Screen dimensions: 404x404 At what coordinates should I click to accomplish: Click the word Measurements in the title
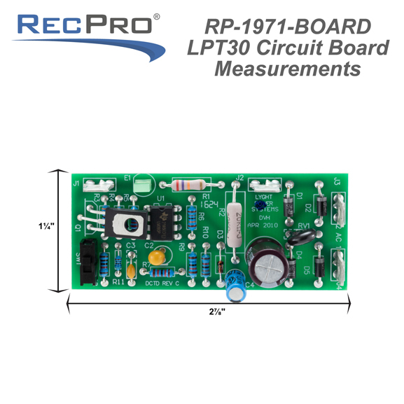tap(287, 69)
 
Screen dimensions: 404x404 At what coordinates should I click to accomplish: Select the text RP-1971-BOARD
tap(288, 27)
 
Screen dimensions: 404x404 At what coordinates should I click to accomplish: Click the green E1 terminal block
tap(143, 186)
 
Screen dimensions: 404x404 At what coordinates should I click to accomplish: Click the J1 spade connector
tap(99, 185)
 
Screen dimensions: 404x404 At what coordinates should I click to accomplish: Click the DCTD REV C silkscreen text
tap(162, 283)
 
